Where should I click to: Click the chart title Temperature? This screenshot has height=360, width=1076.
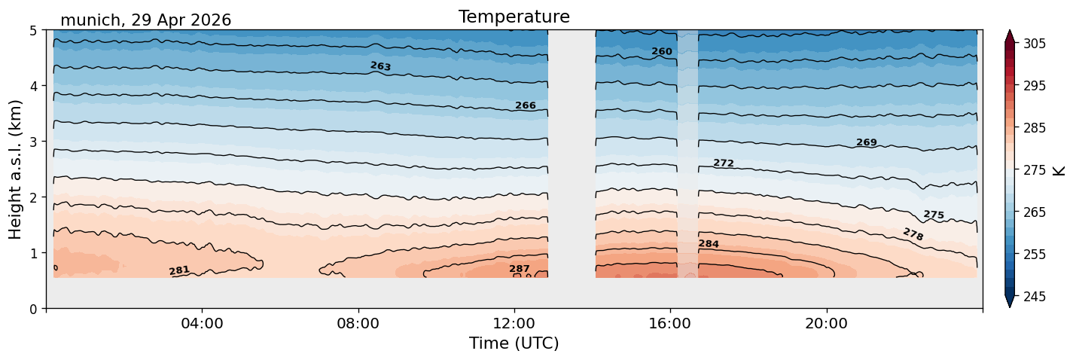tap(514, 17)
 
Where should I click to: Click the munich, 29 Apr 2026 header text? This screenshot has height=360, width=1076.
tap(145, 20)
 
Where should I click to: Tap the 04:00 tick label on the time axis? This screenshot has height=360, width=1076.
tap(203, 323)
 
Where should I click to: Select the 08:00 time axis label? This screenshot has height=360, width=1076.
tap(358, 323)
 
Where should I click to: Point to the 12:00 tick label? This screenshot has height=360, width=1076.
tap(514, 323)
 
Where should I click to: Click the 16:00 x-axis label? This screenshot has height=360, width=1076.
tap(670, 323)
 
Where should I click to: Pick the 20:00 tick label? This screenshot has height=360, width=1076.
tap(826, 323)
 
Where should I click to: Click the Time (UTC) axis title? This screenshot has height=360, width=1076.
tap(514, 343)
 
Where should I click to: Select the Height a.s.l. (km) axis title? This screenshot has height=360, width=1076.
tap(15, 169)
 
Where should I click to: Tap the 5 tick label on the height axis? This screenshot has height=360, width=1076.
tap(34, 31)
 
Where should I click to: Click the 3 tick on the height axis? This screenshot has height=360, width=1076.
tap(34, 142)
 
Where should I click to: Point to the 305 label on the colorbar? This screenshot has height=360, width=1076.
tap(1034, 44)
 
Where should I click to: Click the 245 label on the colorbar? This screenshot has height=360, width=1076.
tap(1034, 297)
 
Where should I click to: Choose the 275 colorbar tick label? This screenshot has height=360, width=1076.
tap(1034, 170)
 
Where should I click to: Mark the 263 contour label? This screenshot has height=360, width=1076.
tap(380, 66)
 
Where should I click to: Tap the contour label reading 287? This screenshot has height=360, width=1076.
tap(520, 269)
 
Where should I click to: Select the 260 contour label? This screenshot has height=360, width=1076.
tap(661, 51)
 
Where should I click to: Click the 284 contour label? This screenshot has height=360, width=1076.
tap(709, 244)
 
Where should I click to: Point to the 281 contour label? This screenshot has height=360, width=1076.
tap(179, 270)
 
